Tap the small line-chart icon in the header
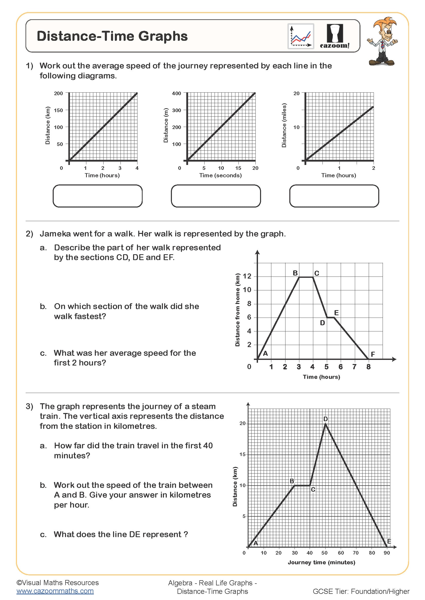click(x=301, y=36)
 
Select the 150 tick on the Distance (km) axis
click(x=58, y=110)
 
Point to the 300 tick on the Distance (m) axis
click(x=176, y=110)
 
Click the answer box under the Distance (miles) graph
click(x=334, y=196)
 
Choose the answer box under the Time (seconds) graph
click(x=216, y=196)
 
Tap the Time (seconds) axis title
click(x=220, y=175)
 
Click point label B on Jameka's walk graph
click(x=295, y=273)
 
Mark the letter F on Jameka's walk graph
click(x=373, y=354)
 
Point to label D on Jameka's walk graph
click(x=322, y=323)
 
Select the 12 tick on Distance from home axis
click(x=247, y=276)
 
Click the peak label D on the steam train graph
click(x=325, y=419)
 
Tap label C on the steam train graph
click(x=313, y=489)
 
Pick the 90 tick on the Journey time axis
click(x=386, y=553)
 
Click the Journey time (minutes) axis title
click(x=321, y=562)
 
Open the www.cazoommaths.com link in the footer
click(x=55, y=591)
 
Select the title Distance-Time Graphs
click(x=112, y=36)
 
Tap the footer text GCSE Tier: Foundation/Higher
click(x=361, y=591)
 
